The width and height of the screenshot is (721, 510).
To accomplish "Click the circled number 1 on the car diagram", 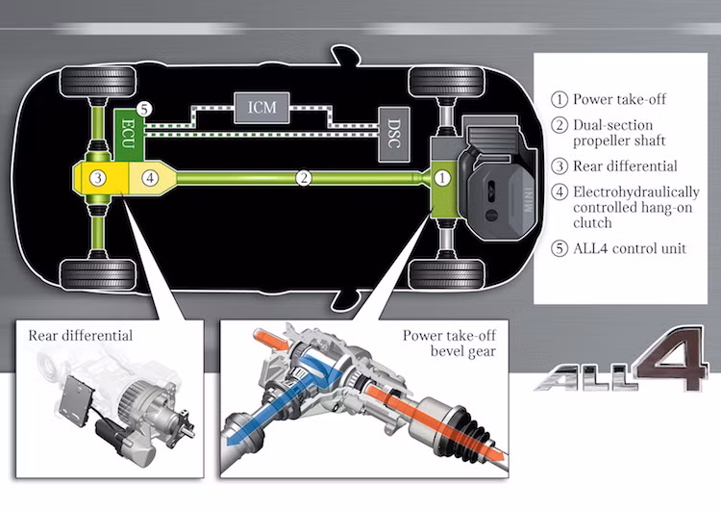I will point(442,177).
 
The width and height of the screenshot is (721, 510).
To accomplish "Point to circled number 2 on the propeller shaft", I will point(303,177).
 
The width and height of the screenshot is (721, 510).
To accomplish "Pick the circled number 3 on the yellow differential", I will point(97,177).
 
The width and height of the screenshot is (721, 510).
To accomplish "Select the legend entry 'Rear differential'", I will point(625,166).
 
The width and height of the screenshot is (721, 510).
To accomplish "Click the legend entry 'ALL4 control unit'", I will point(630,249).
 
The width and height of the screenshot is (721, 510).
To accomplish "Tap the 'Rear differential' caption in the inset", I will point(81,336).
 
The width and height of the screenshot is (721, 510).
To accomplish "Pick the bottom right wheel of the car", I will point(445,274).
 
